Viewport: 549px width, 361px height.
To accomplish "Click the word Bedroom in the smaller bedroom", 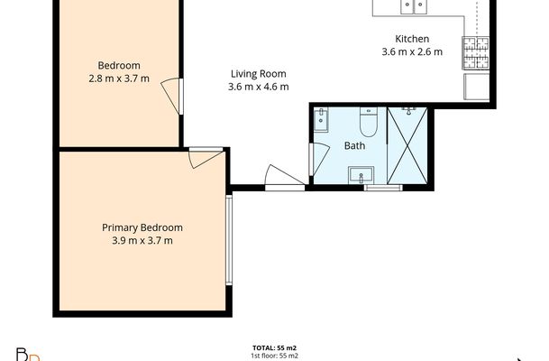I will coord(119,65).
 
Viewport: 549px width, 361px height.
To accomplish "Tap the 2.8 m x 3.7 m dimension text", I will coord(119,79).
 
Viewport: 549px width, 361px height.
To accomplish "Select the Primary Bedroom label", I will coord(142,227).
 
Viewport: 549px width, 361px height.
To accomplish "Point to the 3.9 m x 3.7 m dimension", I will coord(142,241).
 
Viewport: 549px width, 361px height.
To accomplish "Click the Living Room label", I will coord(259,74).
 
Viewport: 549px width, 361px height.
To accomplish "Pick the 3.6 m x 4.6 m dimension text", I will coord(259,88).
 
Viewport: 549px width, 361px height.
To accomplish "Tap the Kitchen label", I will coord(412,39).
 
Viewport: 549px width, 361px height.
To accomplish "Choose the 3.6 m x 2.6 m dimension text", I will coord(412,52).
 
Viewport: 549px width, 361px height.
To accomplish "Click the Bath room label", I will coord(354,146).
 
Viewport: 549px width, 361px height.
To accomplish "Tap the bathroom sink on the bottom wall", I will coord(366,173).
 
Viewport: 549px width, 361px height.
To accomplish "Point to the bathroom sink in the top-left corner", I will coord(322,118).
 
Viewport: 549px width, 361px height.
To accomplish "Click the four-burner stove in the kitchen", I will coord(475,51).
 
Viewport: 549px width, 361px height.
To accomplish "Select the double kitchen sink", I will coord(414,7).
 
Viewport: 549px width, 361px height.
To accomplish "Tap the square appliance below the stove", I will coord(476,87).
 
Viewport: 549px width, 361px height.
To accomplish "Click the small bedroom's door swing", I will coord(171,95).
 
